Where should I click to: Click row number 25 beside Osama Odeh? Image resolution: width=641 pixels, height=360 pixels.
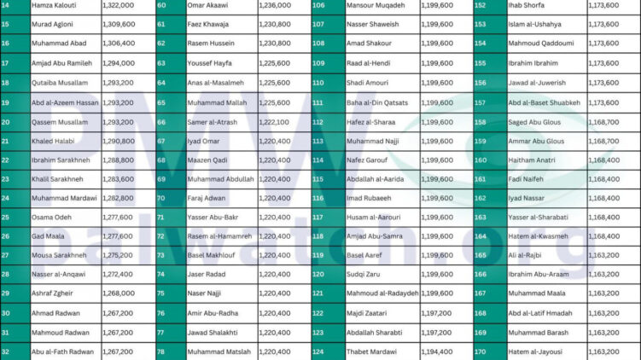[6, 217]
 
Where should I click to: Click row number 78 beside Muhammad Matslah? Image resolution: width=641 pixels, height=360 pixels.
[161, 351]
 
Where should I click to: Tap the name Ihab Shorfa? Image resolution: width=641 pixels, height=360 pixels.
[527, 5]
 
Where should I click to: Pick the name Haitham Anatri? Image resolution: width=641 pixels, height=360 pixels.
[533, 160]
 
